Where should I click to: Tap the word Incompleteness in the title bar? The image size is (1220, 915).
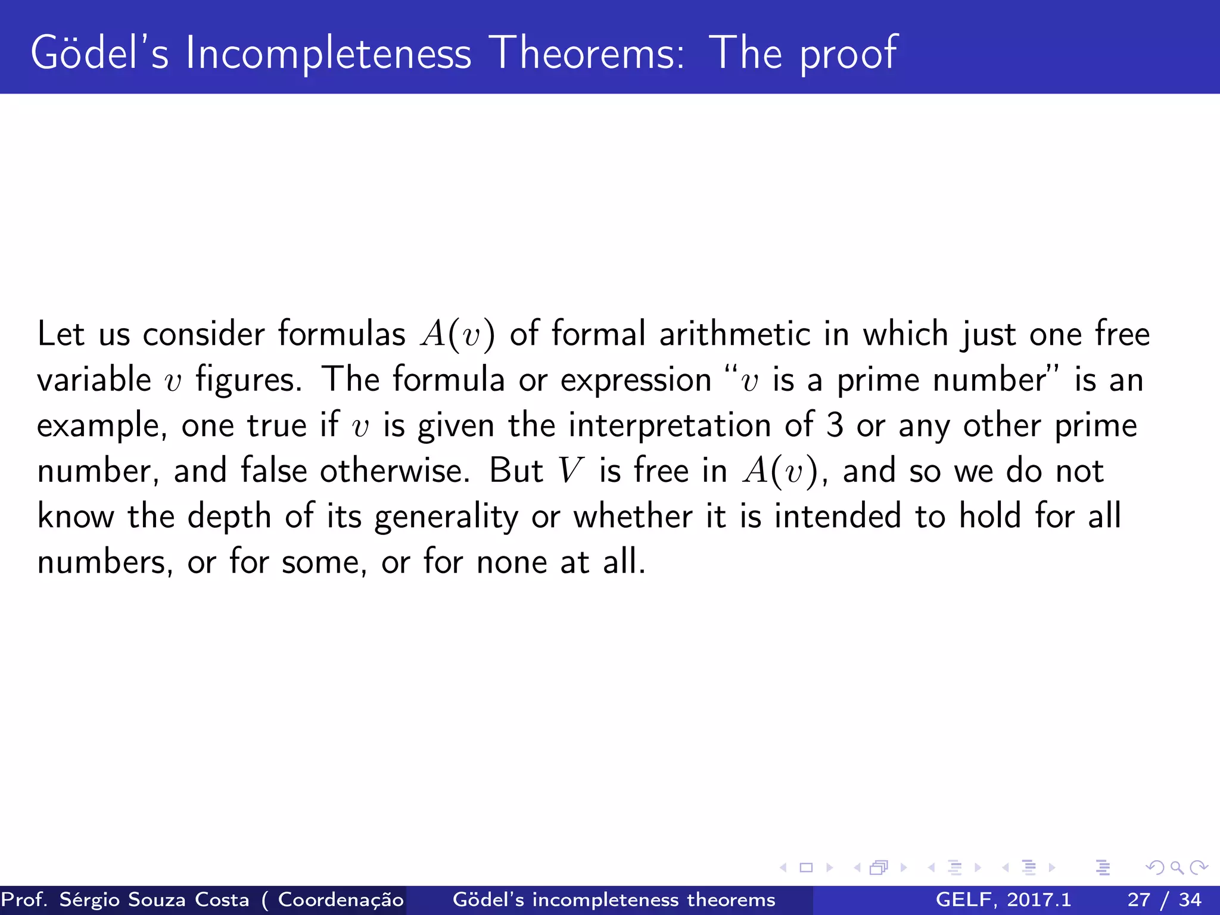[x=328, y=54]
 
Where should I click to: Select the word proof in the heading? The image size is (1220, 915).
[x=848, y=55]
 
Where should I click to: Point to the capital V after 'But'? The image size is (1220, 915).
[x=570, y=471]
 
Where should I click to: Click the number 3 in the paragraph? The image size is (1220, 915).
[x=835, y=425]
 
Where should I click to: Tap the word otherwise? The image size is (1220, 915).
[x=394, y=471]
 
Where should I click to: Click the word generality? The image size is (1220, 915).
[x=446, y=517]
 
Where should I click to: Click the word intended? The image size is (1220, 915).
[x=838, y=516]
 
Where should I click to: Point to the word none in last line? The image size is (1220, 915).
[x=511, y=562]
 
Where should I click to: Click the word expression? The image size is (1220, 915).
[x=636, y=381]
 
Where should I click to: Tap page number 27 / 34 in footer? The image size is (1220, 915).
[x=1164, y=900]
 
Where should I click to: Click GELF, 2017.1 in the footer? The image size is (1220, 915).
[x=1003, y=900]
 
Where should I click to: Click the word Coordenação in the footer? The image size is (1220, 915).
[x=340, y=900]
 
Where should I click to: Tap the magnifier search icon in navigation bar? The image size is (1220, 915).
[x=1177, y=868]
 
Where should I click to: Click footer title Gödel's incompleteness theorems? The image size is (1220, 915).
[x=614, y=900]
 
